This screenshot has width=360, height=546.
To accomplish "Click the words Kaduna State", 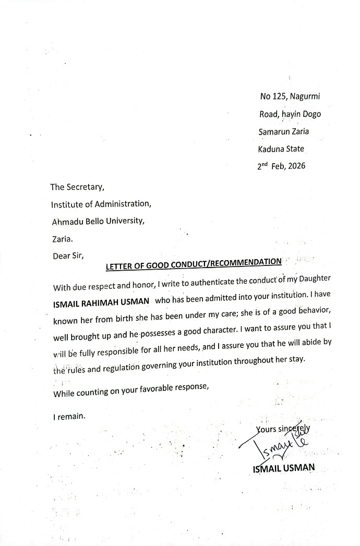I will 281,149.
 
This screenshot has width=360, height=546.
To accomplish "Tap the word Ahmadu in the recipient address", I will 66,221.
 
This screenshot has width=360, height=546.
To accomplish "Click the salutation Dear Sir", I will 68,256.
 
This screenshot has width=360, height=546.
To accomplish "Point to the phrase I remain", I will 68,417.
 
